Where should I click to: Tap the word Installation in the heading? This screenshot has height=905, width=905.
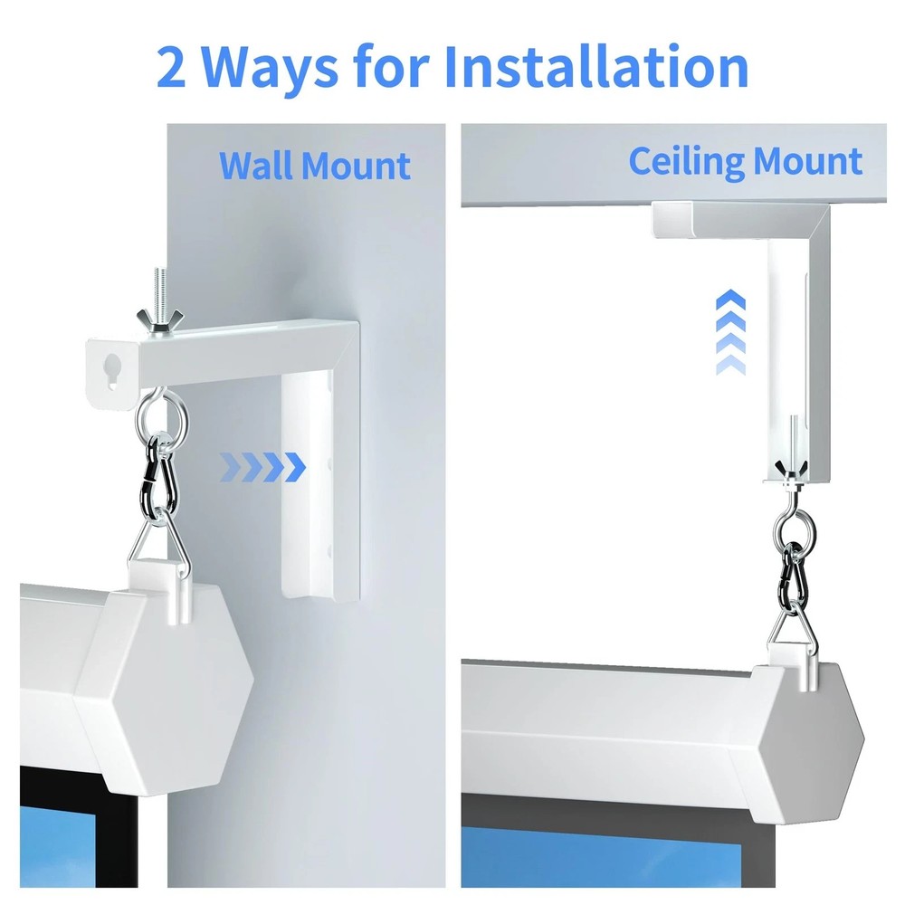[x=596, y=67]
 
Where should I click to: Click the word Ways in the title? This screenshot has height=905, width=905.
[x=272, y=67]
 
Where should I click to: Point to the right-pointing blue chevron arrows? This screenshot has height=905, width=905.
[x=263, y=468]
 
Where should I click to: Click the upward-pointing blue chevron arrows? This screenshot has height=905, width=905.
[x=729, y=334]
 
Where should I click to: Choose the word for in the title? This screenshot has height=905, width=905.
[x=405, y=67]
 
